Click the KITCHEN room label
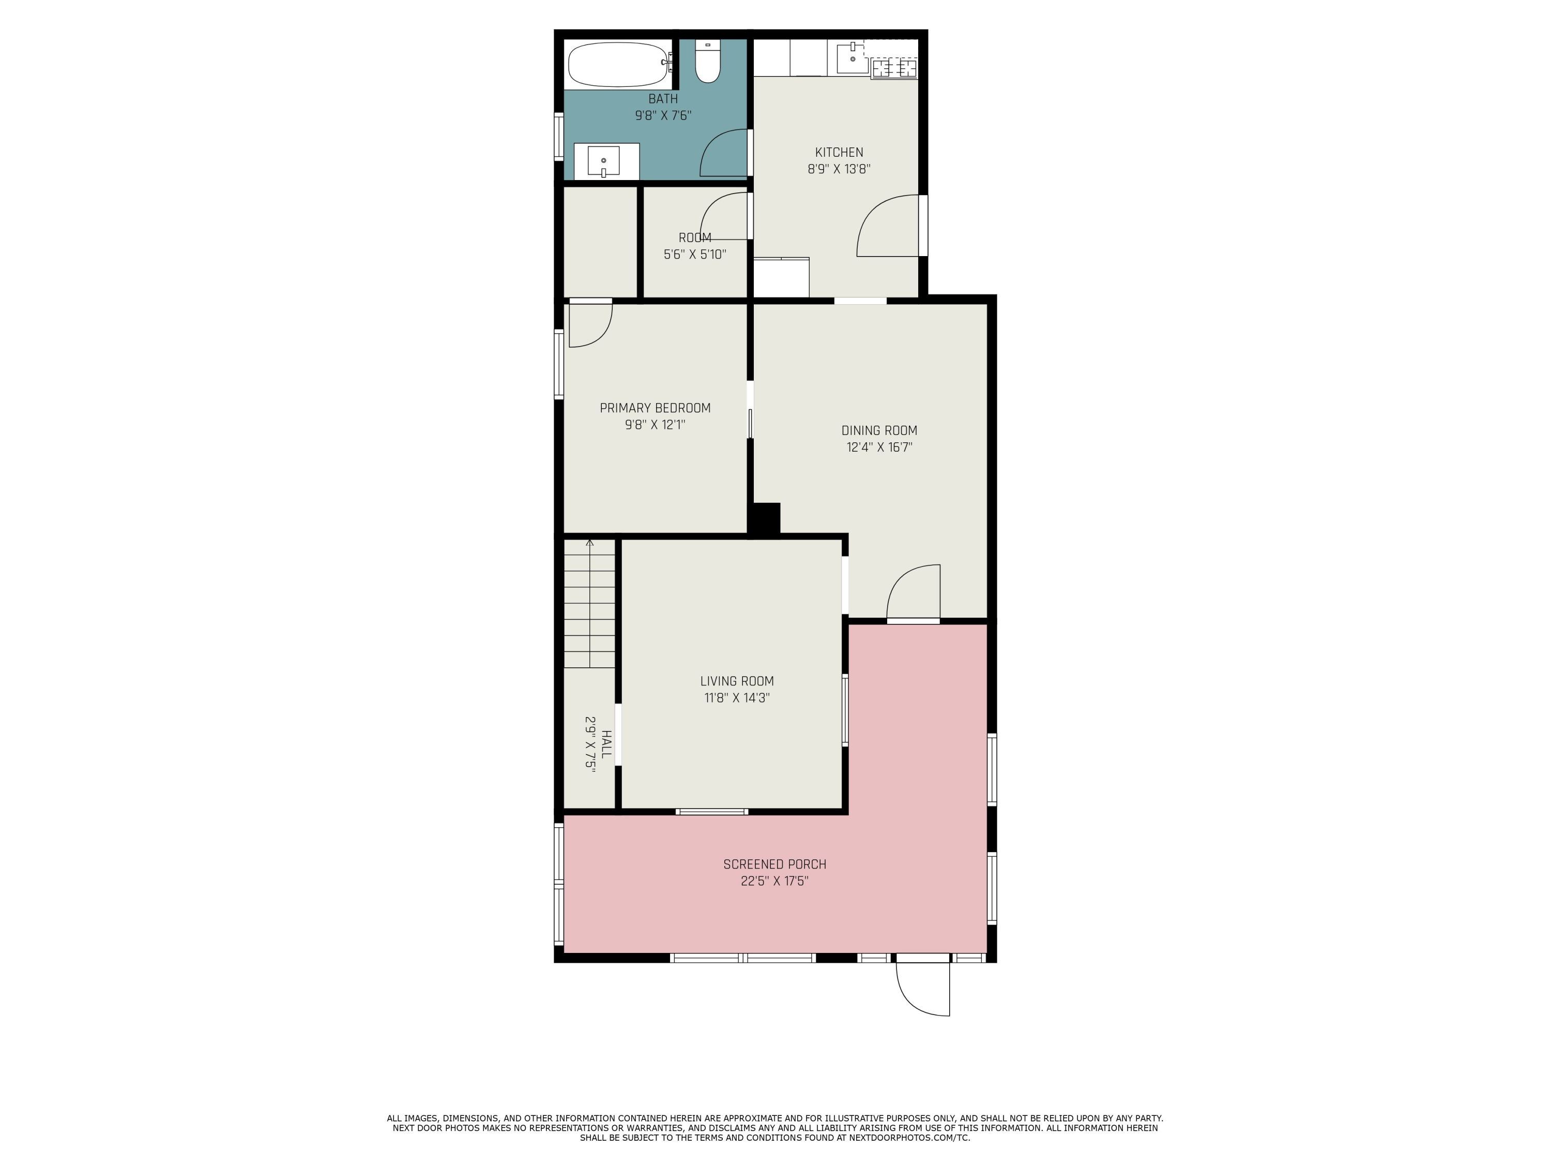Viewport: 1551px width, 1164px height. coord(839,152)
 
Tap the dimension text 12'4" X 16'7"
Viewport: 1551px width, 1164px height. coord(879,447)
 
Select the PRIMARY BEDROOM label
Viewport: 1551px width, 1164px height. coord(655,408)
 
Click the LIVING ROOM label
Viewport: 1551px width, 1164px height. coord(737,681)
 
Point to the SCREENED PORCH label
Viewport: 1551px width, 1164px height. coord(775,864)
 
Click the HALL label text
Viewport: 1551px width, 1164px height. coord(606,744)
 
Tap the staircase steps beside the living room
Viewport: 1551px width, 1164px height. coord(590,603)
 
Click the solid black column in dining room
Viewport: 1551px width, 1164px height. coord(764,519)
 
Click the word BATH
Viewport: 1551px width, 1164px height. coord(663,99)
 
